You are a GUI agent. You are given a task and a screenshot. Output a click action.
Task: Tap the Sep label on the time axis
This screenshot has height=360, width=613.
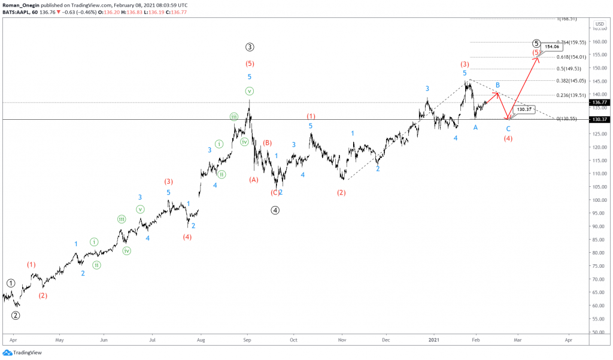pyautogui.click(x=247, y=339)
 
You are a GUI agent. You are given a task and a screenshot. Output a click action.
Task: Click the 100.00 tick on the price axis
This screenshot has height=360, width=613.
pyautogui.click(x=598, y=200)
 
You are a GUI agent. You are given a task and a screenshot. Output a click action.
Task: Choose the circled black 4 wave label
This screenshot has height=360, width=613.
pyautogui.click(x=275, y=210)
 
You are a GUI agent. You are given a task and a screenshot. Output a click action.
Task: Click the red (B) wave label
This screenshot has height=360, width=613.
pyautogui.click(x=267, y=143)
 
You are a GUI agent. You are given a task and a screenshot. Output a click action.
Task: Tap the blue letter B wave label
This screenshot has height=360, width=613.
pyautogui.click(x=497, y=86)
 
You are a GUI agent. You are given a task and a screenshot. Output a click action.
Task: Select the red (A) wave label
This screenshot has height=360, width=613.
pyautogui.click(x=254, y=179)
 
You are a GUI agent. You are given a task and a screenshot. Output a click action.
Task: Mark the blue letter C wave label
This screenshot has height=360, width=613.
pyautogui.click(x=508, y=128)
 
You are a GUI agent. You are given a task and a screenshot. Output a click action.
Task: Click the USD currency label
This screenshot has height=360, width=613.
pyautogui.click(x=599, y=24)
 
